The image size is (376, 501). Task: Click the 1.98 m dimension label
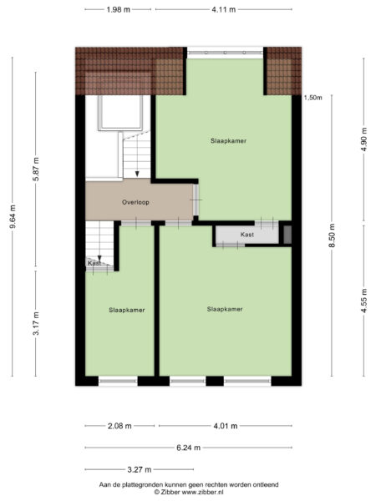tap(119, 9)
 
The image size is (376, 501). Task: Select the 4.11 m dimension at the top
tap(222, 9)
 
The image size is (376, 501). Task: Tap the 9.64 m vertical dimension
tap(11, 221)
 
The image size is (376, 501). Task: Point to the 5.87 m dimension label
tap(35, 171)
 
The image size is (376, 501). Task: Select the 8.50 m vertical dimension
tap(332, 235)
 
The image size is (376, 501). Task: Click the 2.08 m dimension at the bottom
tap(119, 425)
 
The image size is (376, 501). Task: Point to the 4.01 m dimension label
tap(225, 425)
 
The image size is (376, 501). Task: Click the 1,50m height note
tap(313, 98)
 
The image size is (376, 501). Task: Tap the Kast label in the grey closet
tap(246, 235)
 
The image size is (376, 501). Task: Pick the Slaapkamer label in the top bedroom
tap(228, 141)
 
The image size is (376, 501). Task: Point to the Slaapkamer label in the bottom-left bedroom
tap(127, 310)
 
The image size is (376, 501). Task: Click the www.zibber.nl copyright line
tap(188, 493)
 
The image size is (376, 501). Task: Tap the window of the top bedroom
tap(225, 53)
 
